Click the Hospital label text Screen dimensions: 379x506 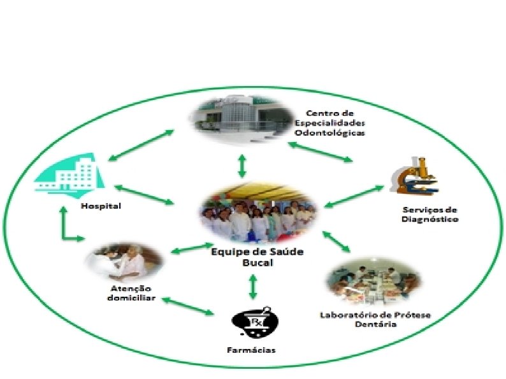click(101, 206)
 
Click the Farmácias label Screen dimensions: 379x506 click(252, 350)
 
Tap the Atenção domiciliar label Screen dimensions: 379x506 click(129, 292)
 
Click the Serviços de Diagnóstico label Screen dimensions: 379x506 click(430, 215)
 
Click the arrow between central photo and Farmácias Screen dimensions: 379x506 click(253, 287)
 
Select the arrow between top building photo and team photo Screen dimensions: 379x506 click(241, 166)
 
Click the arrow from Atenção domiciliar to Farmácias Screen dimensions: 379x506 click(187, 305)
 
